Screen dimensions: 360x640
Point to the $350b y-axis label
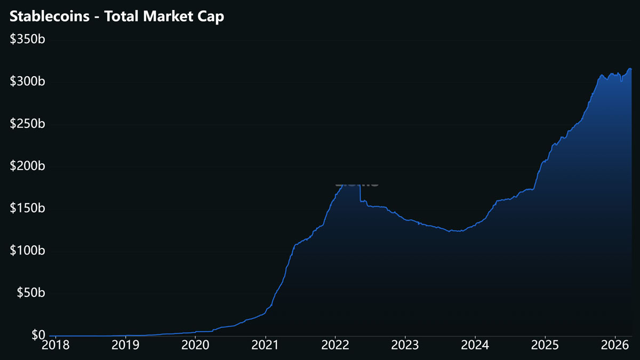pyautogui.click(x=27, y=39)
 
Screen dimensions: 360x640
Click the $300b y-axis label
pyautogui.click(x=27, y=82)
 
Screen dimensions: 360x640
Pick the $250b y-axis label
pyautogui.click(x=27, y=124)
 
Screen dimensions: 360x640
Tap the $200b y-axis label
pyautogui.click(x=27, y=166)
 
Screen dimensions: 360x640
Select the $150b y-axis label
pyautogui.click(x=27, y=208)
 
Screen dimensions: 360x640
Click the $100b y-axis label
pyautogui.click(x=27, y=250)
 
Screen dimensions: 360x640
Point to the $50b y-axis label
pyautogui.click(x=30, y=293)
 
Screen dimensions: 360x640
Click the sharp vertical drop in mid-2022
pyautogui.click(x=361, y=193)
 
